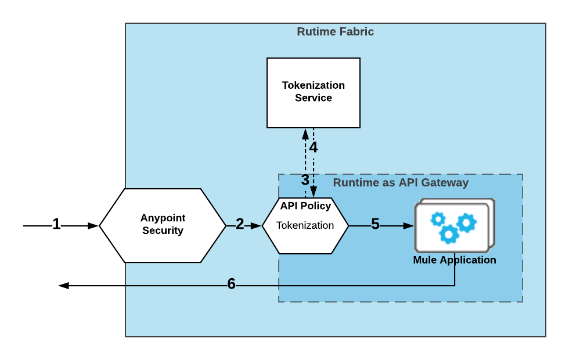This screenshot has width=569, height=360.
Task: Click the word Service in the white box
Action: (x=314, y=98)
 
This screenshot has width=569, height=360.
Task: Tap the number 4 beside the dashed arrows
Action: (x=314, y=147)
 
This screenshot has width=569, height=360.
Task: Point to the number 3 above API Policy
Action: (x=305, y=180)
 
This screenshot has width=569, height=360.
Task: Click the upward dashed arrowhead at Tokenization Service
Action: (x=305, y=134)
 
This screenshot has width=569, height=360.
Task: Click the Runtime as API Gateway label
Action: (x=401, y=183)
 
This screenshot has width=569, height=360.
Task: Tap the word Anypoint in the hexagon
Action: (x=163, y=218)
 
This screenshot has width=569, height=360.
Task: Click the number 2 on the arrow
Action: (x=240, y=224)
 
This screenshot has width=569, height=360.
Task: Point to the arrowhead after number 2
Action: (x=256, y=226)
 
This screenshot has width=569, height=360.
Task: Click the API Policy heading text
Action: (x=305, y=206)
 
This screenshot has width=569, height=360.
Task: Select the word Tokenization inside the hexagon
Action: (x=305, y=225)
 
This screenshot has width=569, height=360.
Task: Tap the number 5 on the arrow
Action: (x=375, y=224)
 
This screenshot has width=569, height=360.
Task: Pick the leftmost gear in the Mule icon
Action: (x=438, y=219)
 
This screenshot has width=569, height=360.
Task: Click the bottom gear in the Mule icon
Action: (x=449, y=234)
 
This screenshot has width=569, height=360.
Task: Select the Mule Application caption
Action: (x=455, y=260)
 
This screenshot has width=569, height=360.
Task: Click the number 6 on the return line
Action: (x=231, y=284)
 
